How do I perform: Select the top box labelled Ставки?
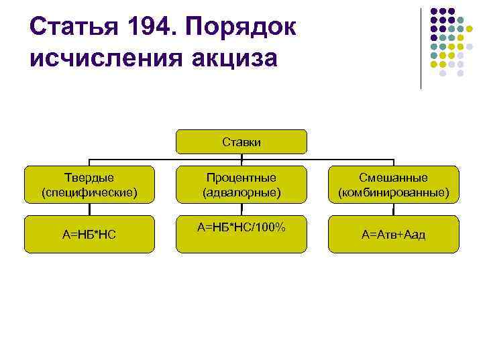(241, 142)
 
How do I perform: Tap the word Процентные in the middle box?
(241, 178)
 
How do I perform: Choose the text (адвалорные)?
(241, 192)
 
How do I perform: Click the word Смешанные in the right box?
(393, 178)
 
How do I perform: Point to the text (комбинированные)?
(393, 192)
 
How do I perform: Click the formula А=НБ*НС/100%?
(241, 228)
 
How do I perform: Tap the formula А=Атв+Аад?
(393, 234)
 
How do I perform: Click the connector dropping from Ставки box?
(241, 158)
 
